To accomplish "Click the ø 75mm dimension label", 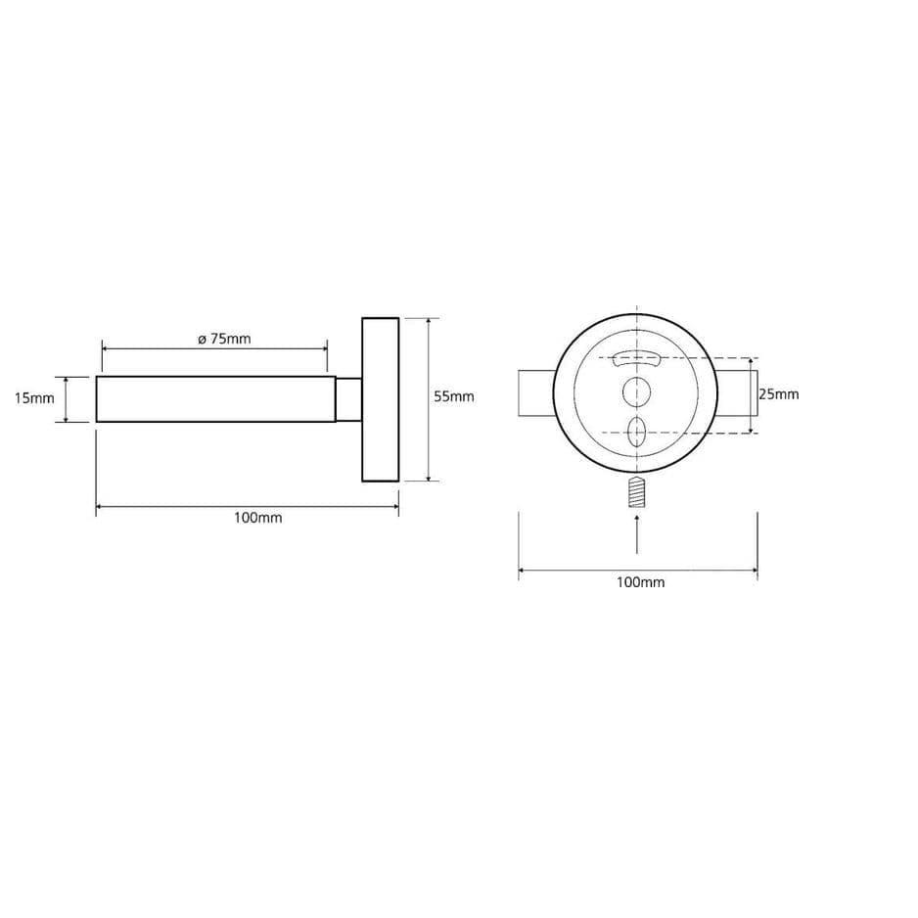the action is (224, 339).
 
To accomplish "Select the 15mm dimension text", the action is (34, 398).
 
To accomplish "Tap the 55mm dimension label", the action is (454, 397).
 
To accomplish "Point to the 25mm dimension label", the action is (779, 394).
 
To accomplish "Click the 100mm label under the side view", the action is (258, 518).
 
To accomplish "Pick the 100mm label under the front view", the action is (640, 582).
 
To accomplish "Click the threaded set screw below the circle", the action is (636, 491).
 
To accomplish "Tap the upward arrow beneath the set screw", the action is (636, 534).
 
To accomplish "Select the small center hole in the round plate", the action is (636, 392).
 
